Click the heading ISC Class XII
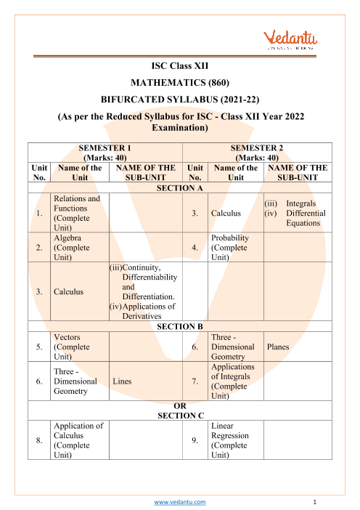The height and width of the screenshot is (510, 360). pyautogui.click(x=179, y=66)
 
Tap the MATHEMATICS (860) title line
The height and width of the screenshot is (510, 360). pyautogui.click(x=179, y=83)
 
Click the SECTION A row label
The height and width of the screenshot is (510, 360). pyautogui.click(x=179, y=187)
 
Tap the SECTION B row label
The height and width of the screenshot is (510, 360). pyautogui.click(x=179, y=326)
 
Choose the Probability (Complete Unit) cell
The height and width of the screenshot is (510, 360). pyautogui.click(x=230, y=247)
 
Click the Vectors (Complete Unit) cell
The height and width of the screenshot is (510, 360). pyautogui.click(x=70, y=347)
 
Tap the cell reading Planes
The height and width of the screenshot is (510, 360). pyautogui.click(x=278, y=347)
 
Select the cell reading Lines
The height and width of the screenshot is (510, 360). pyautogui.click(x=123, y=381)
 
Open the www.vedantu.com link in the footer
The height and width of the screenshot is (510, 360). pyautogui.click(x=180, y=502)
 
